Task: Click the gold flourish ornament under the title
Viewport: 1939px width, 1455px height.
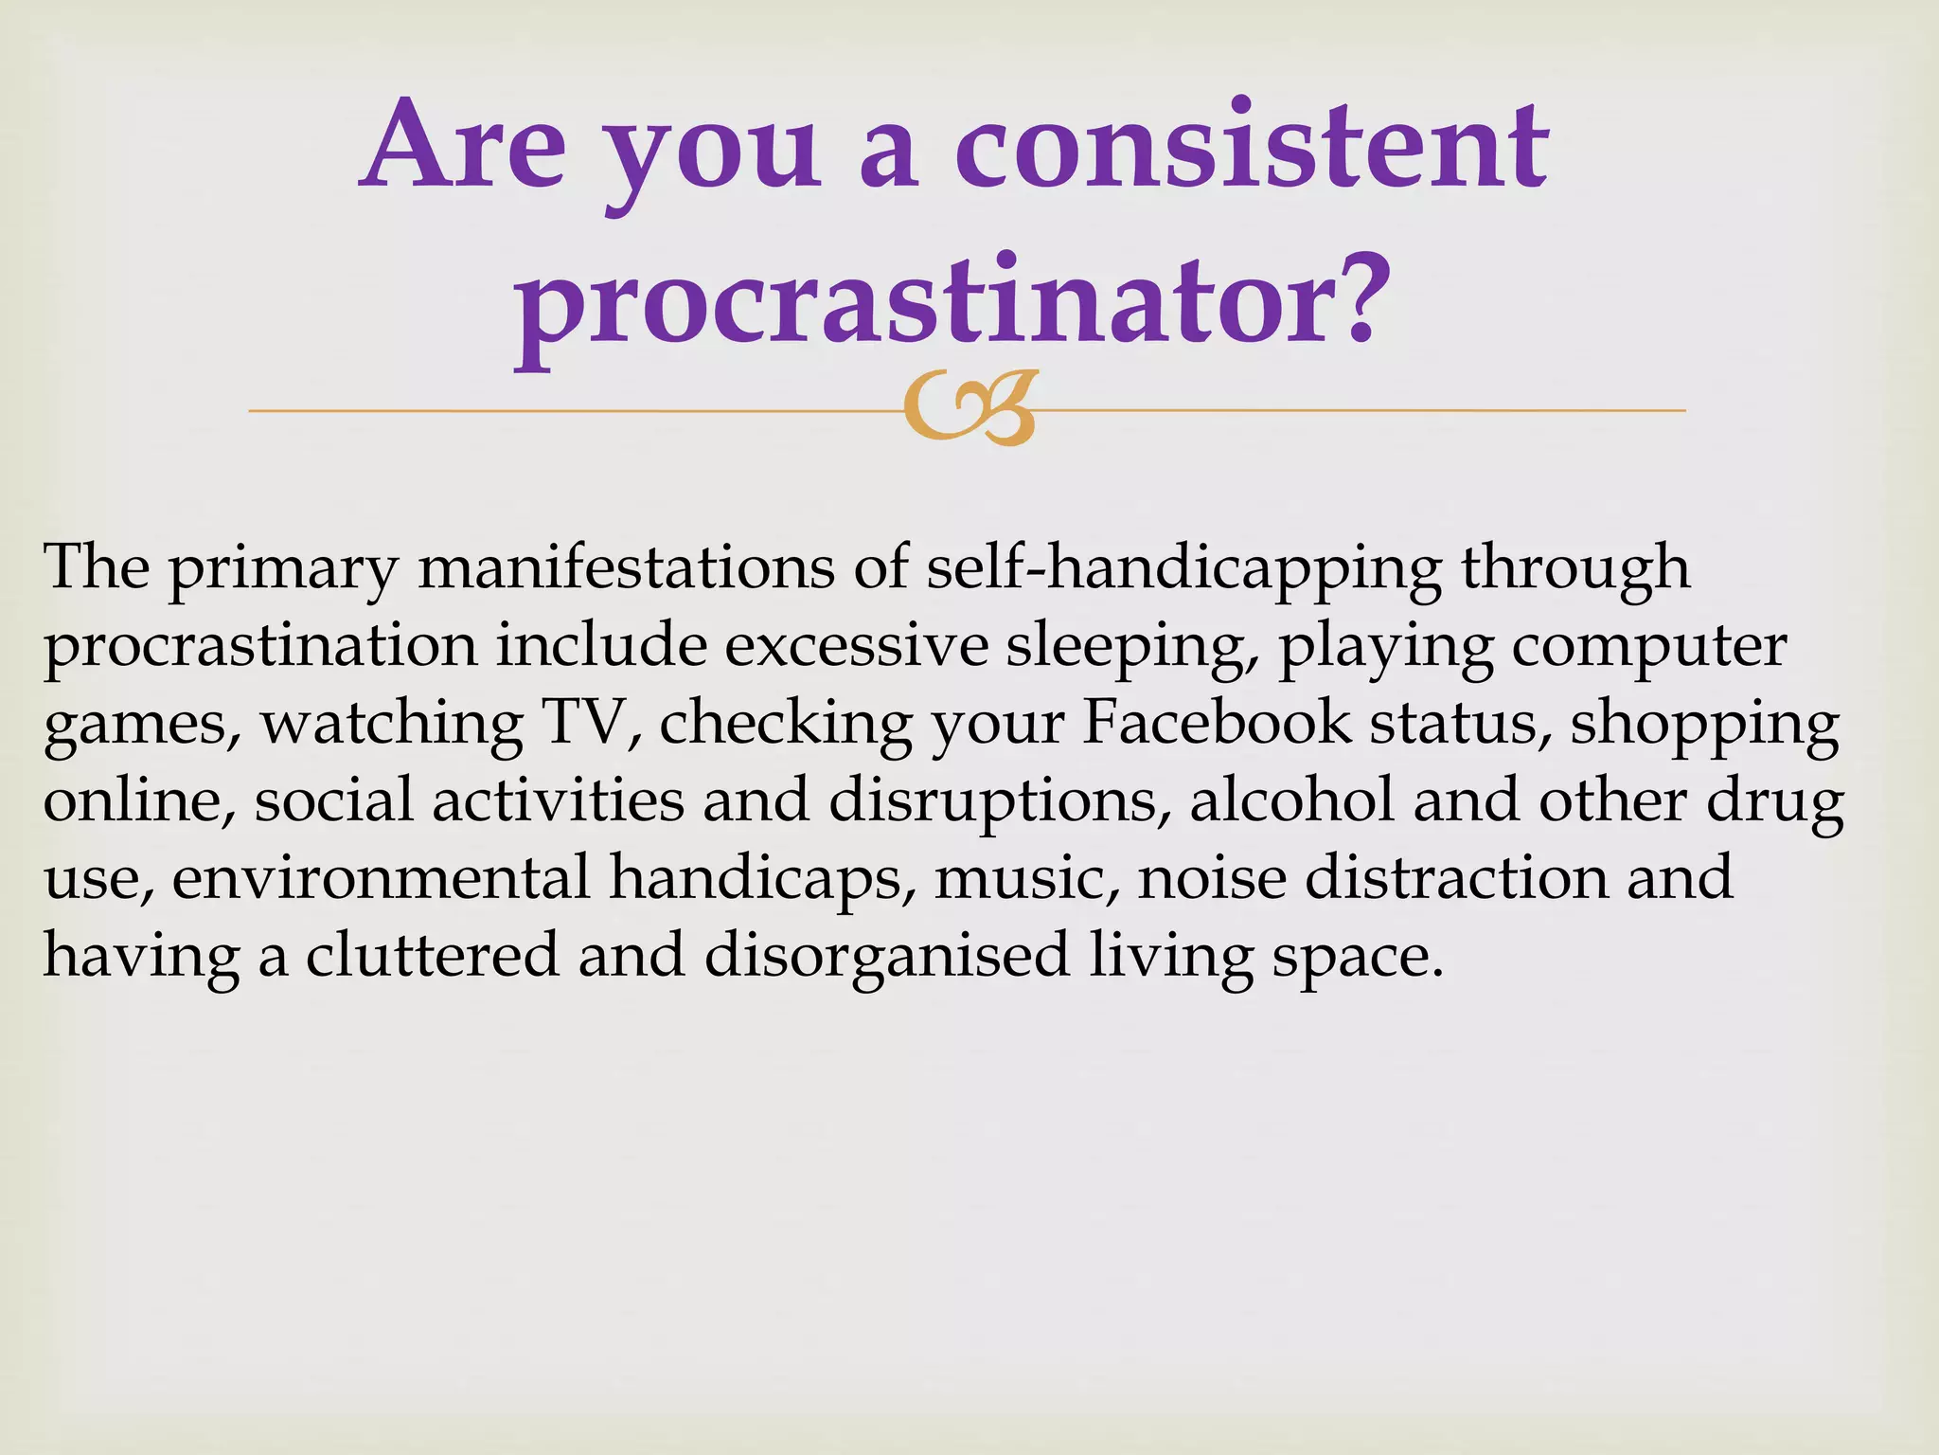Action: click(968, 409)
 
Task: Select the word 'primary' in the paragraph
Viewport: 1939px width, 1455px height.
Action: click(284, 570)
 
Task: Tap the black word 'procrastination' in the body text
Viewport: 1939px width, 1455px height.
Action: click(260, 648)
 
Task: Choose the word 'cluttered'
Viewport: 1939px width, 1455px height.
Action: click(432, 955)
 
